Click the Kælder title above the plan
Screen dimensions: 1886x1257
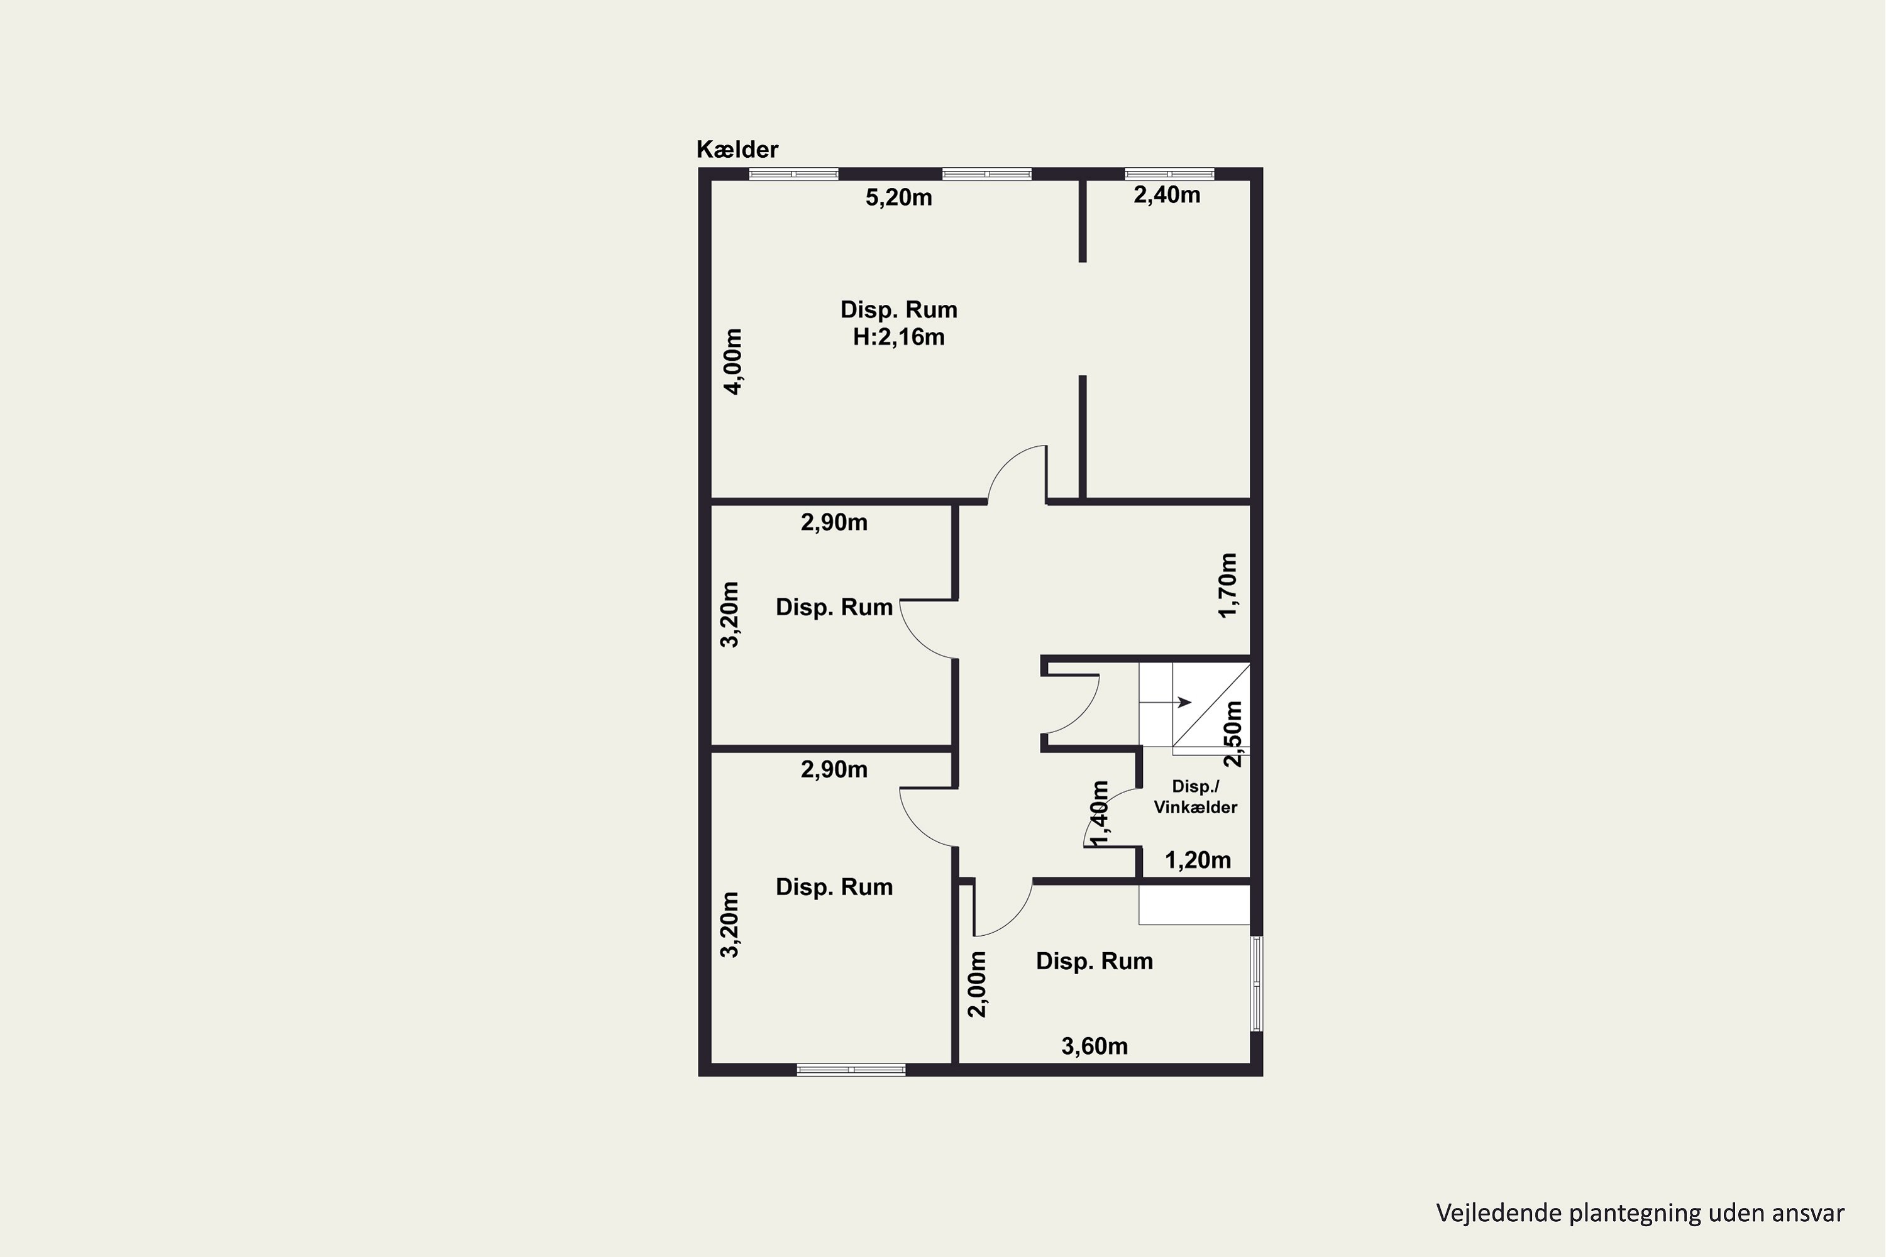click(737, 149)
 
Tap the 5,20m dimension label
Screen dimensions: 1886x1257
click(898, 197)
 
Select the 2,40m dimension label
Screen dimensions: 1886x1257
click(1167, 195)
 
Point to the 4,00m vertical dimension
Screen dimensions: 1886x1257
click(733, 361)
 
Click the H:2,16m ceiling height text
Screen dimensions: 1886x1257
click(898, 337)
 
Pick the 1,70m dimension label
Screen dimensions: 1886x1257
click(1228, 585)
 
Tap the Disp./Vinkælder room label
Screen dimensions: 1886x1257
click(1195, 797)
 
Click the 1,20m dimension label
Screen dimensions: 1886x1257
click(1197, 860)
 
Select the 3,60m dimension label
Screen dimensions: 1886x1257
click(1095, 1046)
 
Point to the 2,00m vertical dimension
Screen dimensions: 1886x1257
click(977, 984)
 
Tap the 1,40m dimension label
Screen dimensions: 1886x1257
click(1100, 813)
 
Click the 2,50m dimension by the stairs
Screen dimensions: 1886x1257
click(1233, 733)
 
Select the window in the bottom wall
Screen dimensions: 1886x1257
click(851, 1070)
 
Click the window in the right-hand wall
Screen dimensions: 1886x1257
click(1257, 983)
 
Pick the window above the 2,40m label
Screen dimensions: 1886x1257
click(1169, 174)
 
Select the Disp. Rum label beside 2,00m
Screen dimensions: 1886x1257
click(1095, 961)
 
